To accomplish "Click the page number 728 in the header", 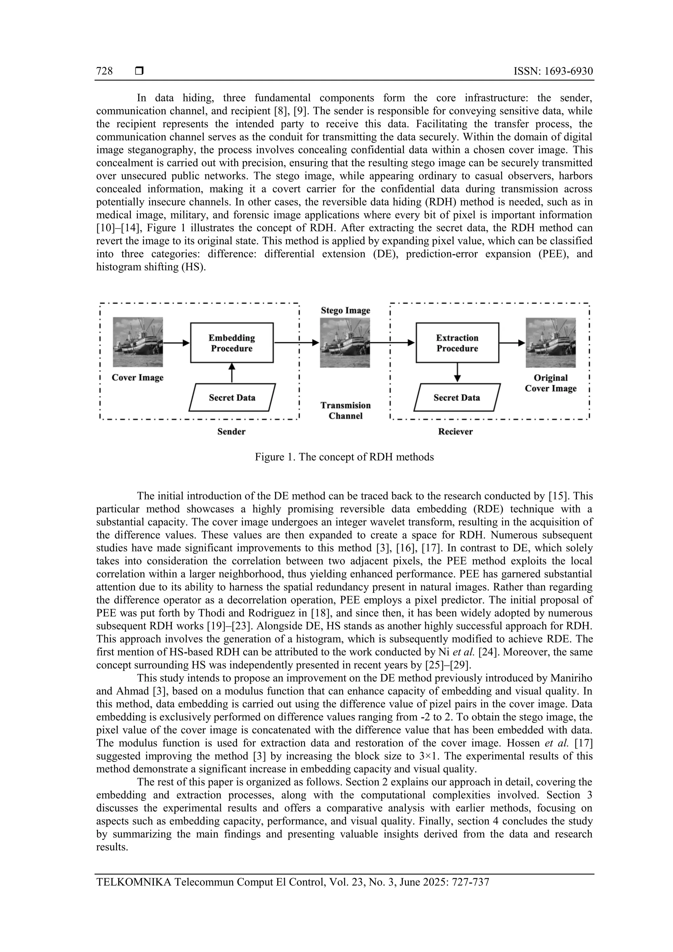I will point(104,71).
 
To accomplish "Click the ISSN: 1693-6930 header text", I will point(553,71).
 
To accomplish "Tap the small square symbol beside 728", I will point(139,71).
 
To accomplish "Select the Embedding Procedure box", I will point(231,343).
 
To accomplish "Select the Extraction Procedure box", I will point(457,343).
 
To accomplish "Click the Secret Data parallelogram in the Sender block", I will point(232,398).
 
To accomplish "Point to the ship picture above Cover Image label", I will point(138,342).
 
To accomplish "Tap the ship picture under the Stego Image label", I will point(345,342).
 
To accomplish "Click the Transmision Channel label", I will point(345,410).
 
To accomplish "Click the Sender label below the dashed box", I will point(231,431).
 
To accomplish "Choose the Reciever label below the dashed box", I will point(455,431).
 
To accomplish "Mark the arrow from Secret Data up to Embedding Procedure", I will point(232,373).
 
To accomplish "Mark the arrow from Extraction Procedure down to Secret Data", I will point(457,372).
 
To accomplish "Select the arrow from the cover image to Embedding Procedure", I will point(176,343).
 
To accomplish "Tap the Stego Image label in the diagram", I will point(345,311).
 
